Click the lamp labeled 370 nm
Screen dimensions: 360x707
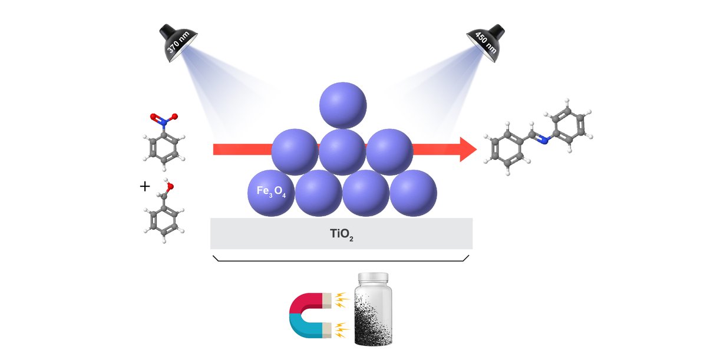click(176, 42)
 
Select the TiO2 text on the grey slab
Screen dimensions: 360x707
click(341, 234)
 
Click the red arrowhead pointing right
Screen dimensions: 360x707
click(467, 150)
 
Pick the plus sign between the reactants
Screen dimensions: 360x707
click(145, 187)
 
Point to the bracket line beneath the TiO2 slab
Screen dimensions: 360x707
click(341, 260)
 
